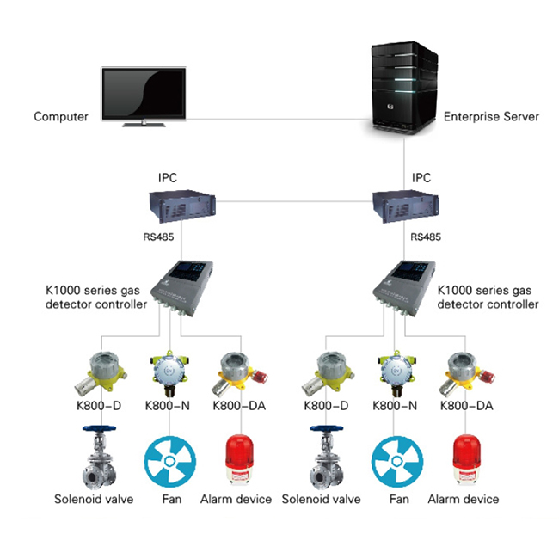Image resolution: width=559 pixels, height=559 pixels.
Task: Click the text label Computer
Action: click(61, 117)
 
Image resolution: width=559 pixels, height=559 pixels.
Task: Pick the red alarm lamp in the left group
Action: click(237, 459)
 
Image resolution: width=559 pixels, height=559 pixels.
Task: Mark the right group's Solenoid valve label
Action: click(322, 499)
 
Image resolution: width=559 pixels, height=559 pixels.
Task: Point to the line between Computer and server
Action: click(275, 117)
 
